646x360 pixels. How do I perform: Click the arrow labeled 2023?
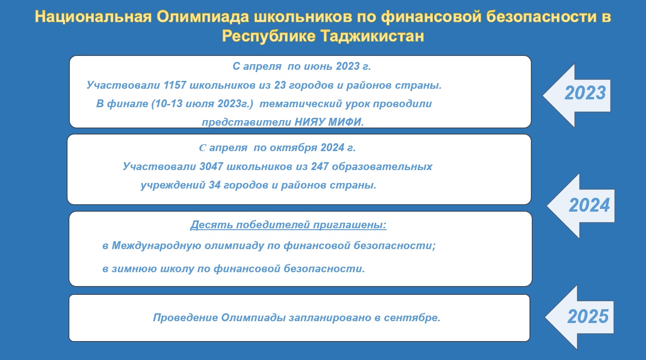(x=577, y=95)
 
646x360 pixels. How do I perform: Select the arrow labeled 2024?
(x=581, y=206)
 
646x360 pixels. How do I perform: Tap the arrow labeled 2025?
(x=579, y=317)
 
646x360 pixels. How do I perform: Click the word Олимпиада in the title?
(x=203, y=17)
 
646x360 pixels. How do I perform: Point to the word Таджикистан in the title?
(x=372, y=37)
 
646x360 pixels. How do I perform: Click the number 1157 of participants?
(x=175, y=85)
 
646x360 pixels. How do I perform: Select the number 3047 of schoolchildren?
(x=211, y=166)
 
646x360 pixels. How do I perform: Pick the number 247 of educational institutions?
(x=320, y=166)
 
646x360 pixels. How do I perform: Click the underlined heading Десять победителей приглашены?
(x=289, y=225)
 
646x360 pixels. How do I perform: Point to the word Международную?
(x=156, y=246)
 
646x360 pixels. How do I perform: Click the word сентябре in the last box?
(x=412, y=317)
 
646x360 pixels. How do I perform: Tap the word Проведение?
(x=185, y=317)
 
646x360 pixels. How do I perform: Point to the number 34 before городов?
(x=215, y=185)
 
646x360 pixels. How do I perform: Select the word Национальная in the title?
(x=93, y=17)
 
